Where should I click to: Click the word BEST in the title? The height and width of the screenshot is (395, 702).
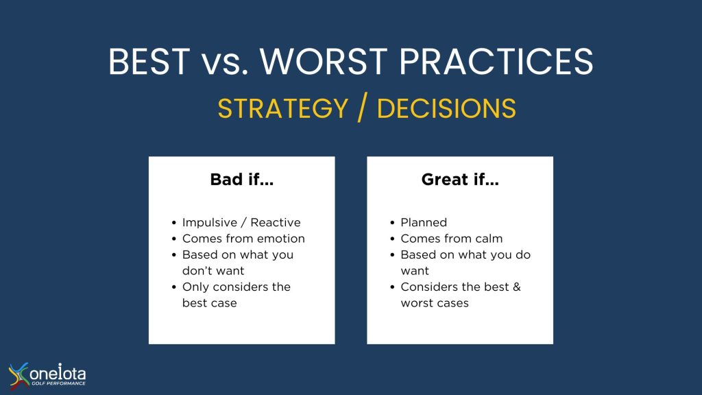[149, 61]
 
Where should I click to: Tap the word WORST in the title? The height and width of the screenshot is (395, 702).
[324, 61]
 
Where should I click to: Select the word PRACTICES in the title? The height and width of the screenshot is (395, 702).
[496, 61]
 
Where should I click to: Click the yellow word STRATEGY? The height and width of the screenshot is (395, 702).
[283, 108]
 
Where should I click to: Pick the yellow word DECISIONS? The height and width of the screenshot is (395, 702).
[447, 108]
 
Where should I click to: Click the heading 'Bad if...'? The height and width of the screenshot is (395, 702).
[242, 180]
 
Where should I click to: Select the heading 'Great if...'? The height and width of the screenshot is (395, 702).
[460, 180]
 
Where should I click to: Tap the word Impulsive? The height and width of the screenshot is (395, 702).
[210, 223]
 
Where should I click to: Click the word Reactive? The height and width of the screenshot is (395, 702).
[276, 223]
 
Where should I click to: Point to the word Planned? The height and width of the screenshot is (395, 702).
[424, 223]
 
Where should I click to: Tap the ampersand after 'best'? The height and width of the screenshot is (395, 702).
[517, 287]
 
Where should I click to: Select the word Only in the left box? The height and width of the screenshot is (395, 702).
[195, 287]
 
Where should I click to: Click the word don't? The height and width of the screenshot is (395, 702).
[197, 270]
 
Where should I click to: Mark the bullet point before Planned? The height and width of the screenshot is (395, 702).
[392, 223]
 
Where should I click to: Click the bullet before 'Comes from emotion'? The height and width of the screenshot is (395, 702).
[173, 239]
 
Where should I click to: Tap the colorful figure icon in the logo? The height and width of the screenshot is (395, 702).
[19, 375]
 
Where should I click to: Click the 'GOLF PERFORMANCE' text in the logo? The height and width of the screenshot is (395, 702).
[58, 383]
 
